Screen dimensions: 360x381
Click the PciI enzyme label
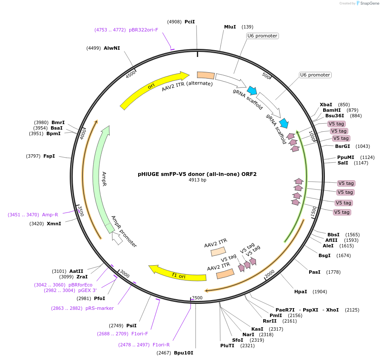[190, 22]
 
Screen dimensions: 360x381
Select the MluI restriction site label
[230, 27]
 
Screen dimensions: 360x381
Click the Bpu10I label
[183, 353]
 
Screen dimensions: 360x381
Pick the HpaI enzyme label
[301, 292]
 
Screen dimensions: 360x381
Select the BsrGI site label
[342, 146]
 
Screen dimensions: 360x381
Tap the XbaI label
[326, 105]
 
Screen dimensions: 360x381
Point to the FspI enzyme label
[49, 156]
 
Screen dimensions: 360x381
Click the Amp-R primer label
[50, 215]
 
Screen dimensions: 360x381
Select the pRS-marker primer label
[100, 308]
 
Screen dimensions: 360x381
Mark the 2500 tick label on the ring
[197, 298]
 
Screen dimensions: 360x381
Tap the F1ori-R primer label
[161, 344]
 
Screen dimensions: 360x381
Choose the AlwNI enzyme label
[112, 48]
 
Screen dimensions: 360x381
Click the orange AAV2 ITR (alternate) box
[206, 75]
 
